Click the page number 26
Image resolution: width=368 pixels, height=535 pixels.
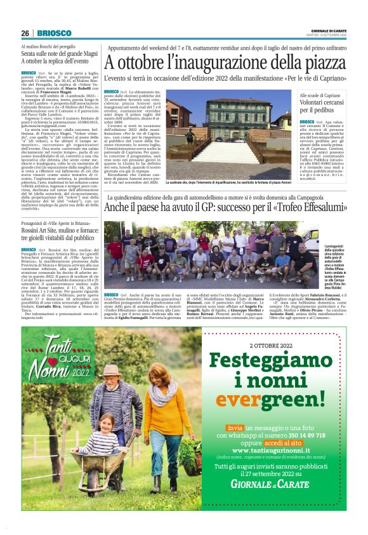25,33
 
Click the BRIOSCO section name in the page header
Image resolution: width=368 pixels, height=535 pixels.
49,33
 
